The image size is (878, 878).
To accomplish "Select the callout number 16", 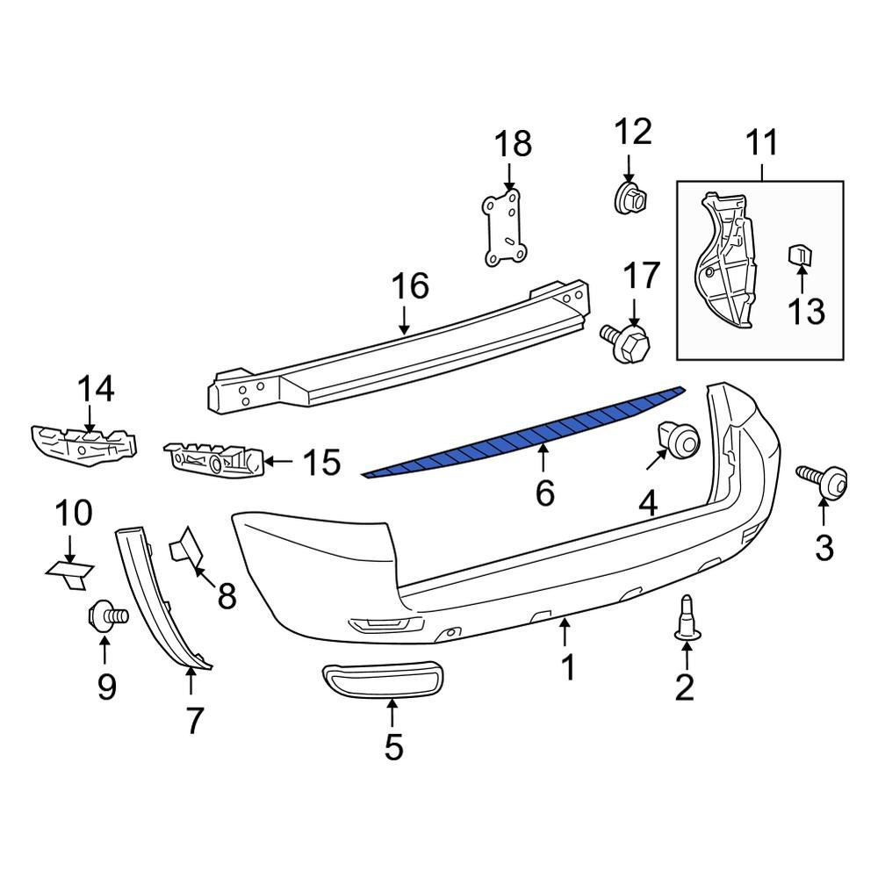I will pyautogui.click(x=409, y=286).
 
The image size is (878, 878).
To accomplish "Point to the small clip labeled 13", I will pyautogui.click(x=800, y=255).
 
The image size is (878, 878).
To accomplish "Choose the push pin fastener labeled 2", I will pyautogui.click(x=685, y=619).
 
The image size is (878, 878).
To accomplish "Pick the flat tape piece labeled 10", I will pyautogui.click(x=70, y=571).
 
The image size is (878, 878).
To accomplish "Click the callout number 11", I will pyautogui.click(x=762, y=142).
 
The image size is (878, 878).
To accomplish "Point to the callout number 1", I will pyautogui.click(x=568, y=668).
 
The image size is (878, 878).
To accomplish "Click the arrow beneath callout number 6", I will pyautogui.click(x=543, y=458).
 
